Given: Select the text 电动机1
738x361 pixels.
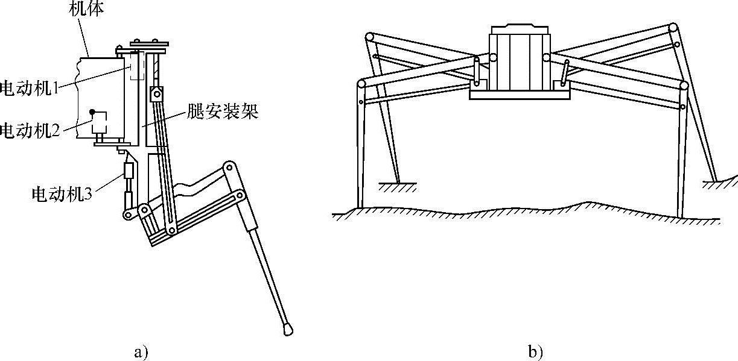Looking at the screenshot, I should coord(30,88).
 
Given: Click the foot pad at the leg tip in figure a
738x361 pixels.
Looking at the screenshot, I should coord(287,328).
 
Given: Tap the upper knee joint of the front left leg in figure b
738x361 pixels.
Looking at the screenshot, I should coord(361,84).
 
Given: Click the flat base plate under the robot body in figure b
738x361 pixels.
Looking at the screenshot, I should coord(519,95).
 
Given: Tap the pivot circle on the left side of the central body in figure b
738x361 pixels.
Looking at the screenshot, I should coord(493,58).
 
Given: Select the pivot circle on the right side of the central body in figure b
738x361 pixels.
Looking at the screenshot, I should coord(546,58).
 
